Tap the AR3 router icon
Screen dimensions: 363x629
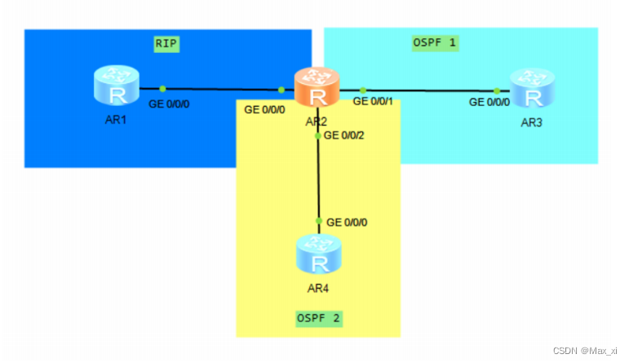[531, 88]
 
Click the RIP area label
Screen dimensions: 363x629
[166, 43]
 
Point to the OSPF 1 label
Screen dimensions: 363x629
[434, 43]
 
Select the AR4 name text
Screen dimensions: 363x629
[318, 288]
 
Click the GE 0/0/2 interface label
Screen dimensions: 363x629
[343, 135]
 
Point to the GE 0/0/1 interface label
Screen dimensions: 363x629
[373, 101]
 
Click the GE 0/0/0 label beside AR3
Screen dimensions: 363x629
[489, 102]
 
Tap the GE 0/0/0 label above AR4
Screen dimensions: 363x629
[347, 222]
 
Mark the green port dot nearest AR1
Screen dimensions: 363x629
[163, 88]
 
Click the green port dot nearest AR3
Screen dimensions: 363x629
[496, 91]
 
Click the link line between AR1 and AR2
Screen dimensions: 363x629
[220, 89]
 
